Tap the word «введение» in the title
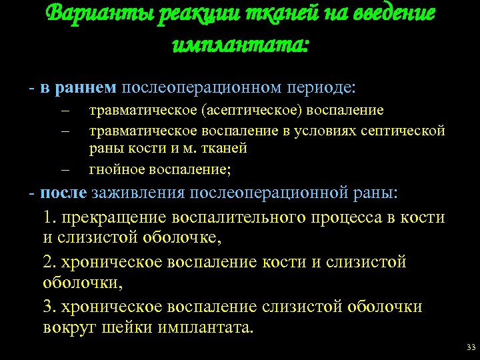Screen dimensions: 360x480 tap(392, 15)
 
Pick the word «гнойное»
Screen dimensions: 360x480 tap(115, 169)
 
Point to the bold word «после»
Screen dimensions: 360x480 tap(63, 193)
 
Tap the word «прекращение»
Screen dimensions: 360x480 tap(114, 217)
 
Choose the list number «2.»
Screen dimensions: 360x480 tap(49, 262)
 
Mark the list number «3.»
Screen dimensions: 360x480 tap(49, 306)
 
